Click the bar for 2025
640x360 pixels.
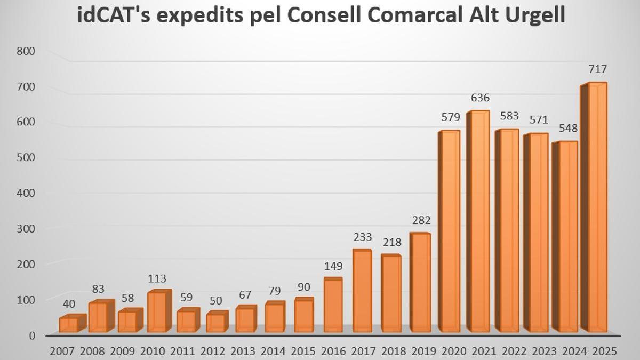coord(597,208)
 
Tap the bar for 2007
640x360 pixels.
coord(69,324)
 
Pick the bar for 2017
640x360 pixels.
coord(363,291)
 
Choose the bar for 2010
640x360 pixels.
coord(157,311)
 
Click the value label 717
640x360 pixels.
coord(598,69)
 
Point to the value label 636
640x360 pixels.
coord(480,98)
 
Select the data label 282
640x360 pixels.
coord(421,220)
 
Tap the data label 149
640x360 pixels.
coord(333,266)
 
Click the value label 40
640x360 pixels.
coord(69,303)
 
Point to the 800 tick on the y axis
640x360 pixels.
coord(26,51)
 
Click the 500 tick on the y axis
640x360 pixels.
coord(26,157)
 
